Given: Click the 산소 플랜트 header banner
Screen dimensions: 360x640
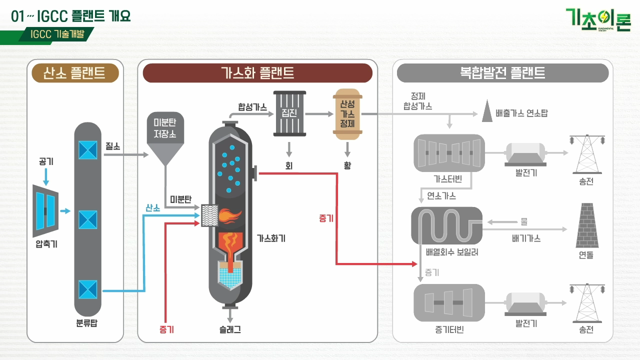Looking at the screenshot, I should pos(75,73).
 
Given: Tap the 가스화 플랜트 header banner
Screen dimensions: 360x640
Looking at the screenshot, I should pos(257,73).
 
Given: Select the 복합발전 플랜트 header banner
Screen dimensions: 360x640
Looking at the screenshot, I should pos(502,73).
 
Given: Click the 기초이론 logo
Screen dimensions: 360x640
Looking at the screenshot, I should pos(598,20).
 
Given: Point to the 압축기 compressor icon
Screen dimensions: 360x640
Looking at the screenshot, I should pos(45,211).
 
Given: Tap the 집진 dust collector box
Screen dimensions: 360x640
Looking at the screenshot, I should pos(289,113).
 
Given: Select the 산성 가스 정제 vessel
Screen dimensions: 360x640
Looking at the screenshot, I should pos(347,114).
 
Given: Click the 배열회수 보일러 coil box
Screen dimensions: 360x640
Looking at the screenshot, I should pos(446,225).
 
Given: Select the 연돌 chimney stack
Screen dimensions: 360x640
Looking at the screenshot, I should pos(586,225).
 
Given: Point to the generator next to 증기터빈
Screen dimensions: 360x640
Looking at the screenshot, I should pos(526,303).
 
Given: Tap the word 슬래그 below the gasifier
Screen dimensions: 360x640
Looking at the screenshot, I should pos(230,330).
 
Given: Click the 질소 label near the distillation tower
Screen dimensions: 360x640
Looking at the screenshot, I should pos(112,146).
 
